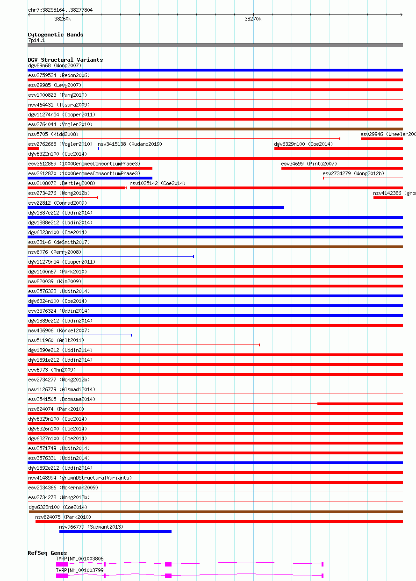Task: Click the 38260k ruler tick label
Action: point(63,19)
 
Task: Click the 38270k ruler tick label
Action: point(253,19)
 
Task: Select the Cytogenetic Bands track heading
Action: point(56,35)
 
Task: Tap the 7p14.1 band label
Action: point(36,41)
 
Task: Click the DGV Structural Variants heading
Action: point(65,60)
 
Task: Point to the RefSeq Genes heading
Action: point(47,553)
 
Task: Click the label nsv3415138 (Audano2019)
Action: point(130,144)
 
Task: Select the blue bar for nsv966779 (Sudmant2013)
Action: point(115,531)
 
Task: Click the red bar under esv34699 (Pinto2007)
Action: point(342,168)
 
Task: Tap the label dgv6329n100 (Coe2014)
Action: point(303,144)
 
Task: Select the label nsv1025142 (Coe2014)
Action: point(158,183)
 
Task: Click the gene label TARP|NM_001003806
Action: point(80,559)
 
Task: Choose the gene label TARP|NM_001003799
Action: point(80,570)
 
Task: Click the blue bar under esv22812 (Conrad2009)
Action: point(156,208)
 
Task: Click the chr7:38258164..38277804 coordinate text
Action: point(60,9)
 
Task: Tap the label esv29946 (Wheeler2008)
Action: point(387,134)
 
